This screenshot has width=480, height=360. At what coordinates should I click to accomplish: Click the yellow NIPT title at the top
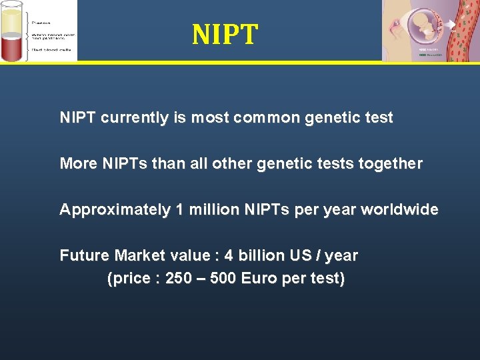pyautogui.click(x=225, y=35)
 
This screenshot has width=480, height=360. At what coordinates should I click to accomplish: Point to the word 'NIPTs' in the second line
pyautogui.click(x=126, y=163)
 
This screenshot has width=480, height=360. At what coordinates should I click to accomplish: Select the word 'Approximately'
pyautogui.click(x=115, y=209)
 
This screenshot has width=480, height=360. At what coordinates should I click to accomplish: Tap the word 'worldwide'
pyautogui.click(x=399, y=209)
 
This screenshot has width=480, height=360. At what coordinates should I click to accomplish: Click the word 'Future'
pyautogui.click(x=85, y=255)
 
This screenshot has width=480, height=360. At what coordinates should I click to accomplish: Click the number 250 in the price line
pyautogui.click(x=178, y=278)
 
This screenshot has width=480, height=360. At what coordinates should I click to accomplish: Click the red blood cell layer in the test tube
pyautogui.click(x=13, y=47)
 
